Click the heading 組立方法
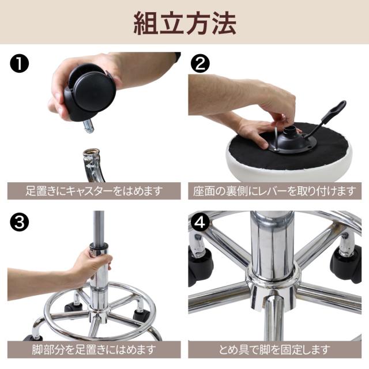click(x=184, y=24)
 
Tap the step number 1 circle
click(x=19, y=63)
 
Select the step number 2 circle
click(x=200, y=63)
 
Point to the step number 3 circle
click(x=19, y=223)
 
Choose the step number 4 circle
click(x=200, y=223)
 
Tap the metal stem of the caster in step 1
click(x=88, y=126)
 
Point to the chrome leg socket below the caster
click(x=93, y=165)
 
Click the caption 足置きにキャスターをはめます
click(x=94, y=191)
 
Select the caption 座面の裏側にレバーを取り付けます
click(x=274, y=191)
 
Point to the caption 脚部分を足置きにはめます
click(x=94, y=350)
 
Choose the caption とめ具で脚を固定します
click(x=274, y=350)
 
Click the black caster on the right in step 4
click(x=346, y=263)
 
